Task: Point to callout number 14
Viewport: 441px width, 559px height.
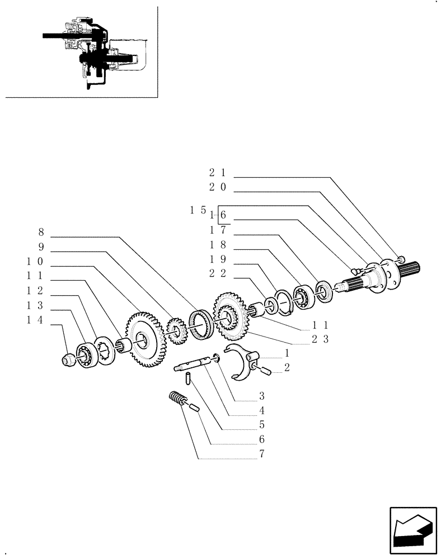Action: (36, 320)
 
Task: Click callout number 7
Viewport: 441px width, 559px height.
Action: (261, 454)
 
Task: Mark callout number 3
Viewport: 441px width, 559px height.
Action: (261, 396)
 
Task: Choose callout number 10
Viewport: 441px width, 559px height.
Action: (36, 262)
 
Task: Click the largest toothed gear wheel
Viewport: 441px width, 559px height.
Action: (146, 340)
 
